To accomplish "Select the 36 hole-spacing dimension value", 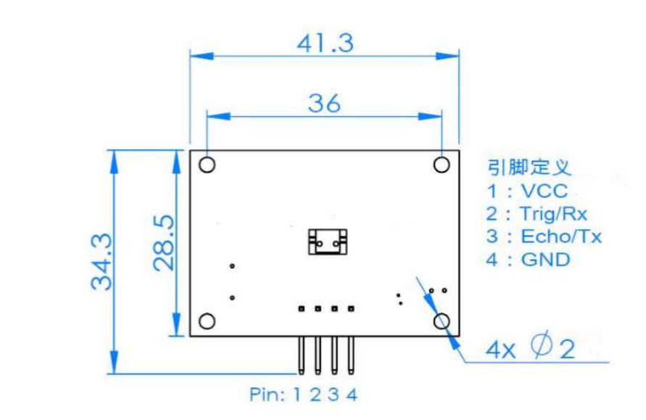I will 324,104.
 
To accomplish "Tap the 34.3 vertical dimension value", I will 103,261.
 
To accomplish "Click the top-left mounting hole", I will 207,165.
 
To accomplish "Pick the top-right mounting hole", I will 442,165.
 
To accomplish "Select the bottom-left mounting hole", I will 207,321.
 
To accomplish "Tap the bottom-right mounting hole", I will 442,321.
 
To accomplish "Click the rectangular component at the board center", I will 327,241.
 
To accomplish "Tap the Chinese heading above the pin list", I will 529,168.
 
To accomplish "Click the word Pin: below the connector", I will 268,395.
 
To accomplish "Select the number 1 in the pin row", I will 297,395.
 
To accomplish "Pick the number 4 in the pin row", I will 352,395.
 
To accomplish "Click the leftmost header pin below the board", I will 300,355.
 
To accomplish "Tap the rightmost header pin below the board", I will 351,355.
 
